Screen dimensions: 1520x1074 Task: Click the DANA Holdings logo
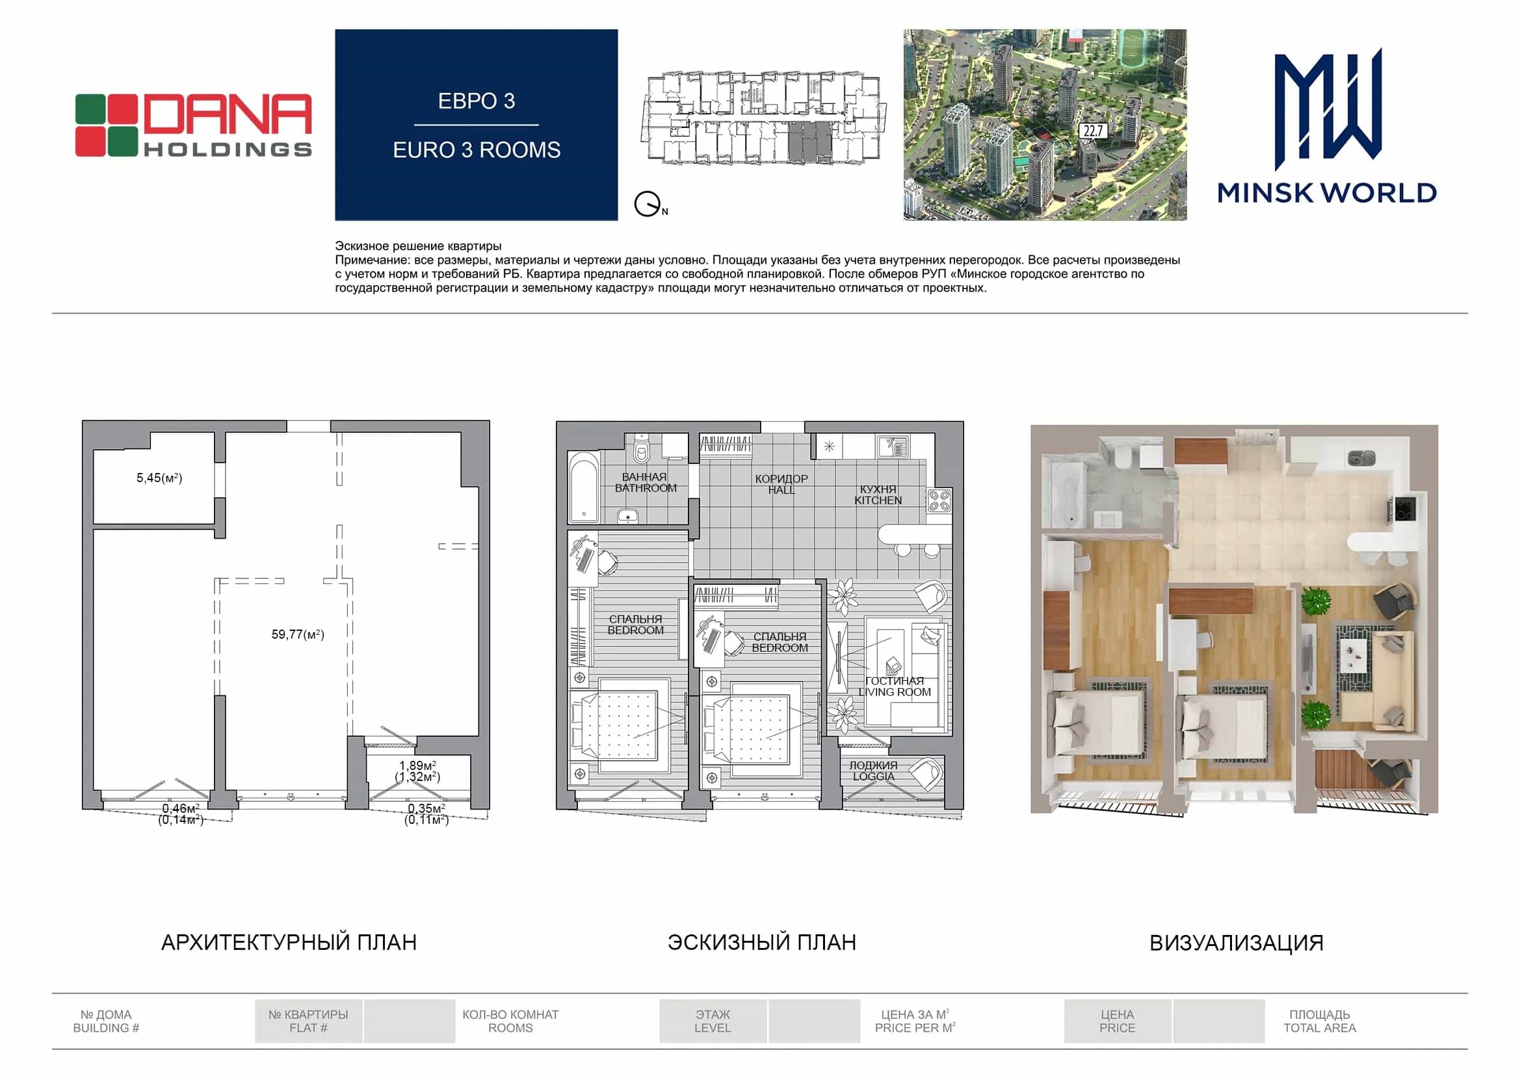tap(193, 126)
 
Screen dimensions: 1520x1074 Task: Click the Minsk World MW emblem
tap(1328, 109)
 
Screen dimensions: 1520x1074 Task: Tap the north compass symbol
tap(648, 204)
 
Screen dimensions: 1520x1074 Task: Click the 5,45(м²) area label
tap(159, 478)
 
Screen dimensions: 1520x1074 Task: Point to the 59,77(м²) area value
tap(298, 635)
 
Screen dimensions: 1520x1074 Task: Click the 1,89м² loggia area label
tap(418, 765)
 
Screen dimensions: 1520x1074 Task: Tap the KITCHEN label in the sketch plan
tap(878, 501)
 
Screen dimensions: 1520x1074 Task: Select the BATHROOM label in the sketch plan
tap(646, 489)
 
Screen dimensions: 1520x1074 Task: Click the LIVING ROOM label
tap(895, 692)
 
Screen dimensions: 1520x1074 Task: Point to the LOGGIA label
tap(874, 776)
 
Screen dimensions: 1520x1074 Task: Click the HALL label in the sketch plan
tap(781, 491)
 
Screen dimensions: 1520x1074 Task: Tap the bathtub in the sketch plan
tap(584, 488)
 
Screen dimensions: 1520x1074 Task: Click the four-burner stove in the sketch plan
tap(939, 500)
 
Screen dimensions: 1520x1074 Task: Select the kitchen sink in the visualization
tap(1362, 457)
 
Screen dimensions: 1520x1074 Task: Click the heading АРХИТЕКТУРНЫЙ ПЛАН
tap(289, 942)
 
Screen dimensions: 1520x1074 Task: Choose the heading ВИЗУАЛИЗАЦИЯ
tap(1236, 943)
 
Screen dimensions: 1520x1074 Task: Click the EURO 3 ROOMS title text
tap(477, 150)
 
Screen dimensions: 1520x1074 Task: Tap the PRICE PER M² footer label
tap(915, 1028)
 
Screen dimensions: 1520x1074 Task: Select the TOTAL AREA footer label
tap(1319, 1028)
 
